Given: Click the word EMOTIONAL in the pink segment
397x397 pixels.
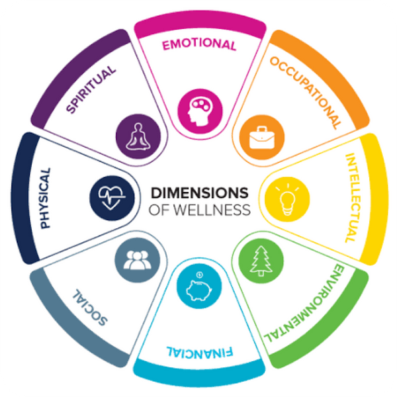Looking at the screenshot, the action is click(x=199, y=44).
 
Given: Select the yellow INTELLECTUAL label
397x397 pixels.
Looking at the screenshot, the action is click(x=353, y=198).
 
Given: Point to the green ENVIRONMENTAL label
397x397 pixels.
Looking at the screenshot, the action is click(x=304, y=303).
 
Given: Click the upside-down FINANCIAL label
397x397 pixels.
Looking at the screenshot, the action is click(x=200, y=353).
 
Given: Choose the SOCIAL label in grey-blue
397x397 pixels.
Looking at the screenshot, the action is click(x=90, y=307).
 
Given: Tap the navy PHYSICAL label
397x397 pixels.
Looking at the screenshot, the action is click(x=45, y=198).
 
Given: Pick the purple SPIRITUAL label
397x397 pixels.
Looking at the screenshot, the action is click(x=91, y=89).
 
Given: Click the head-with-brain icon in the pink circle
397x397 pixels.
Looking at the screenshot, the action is click(x=200, y=111).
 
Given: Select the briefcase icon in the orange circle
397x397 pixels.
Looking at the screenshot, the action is click(x=262, y=138).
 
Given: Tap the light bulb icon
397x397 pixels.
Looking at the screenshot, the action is click(x=287, y=200).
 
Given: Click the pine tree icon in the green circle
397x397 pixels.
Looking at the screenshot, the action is click(x=261, y=261).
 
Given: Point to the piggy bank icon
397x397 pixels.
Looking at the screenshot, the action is click(x=199, y=289).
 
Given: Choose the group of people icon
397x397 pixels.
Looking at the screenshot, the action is click(x=137, y=260).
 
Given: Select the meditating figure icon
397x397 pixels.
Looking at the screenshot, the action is click(x=138, y=137).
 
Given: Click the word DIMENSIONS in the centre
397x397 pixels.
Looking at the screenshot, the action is click(x=200, y=193).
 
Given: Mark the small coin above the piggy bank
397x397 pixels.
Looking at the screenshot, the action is click(x=200, y=275).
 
